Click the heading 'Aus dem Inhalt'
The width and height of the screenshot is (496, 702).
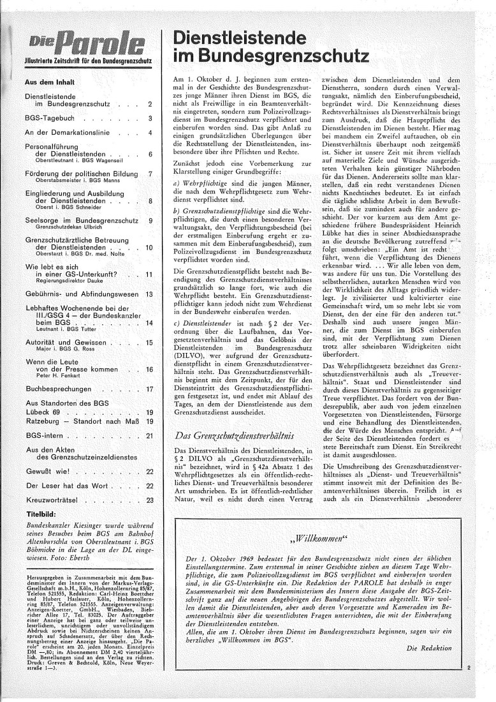pos(48,82)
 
